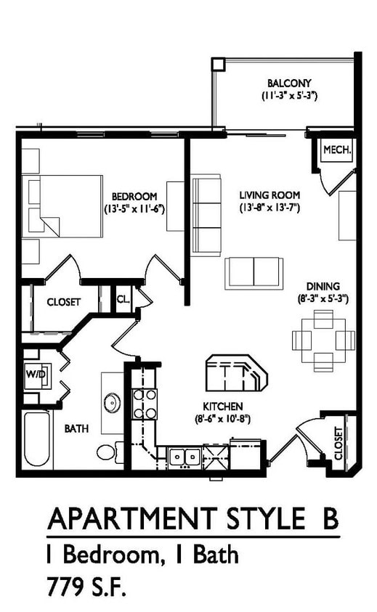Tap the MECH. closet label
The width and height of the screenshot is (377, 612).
(337, 150)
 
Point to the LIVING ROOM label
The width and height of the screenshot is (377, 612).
(269, 195)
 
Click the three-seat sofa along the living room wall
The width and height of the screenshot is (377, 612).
(206, 215)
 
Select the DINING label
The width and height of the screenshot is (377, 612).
(323, 286)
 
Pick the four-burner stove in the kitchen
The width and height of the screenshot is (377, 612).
(145, 404)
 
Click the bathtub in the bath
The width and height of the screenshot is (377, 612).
(38, 440)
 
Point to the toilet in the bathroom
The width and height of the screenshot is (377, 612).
(107, 452)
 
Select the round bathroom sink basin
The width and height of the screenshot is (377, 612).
(113, 401)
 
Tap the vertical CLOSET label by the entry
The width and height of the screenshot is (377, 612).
(338, 444)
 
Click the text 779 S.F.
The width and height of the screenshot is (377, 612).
(89, 585)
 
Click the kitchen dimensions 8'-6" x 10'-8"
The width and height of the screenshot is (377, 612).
(222, 419)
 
